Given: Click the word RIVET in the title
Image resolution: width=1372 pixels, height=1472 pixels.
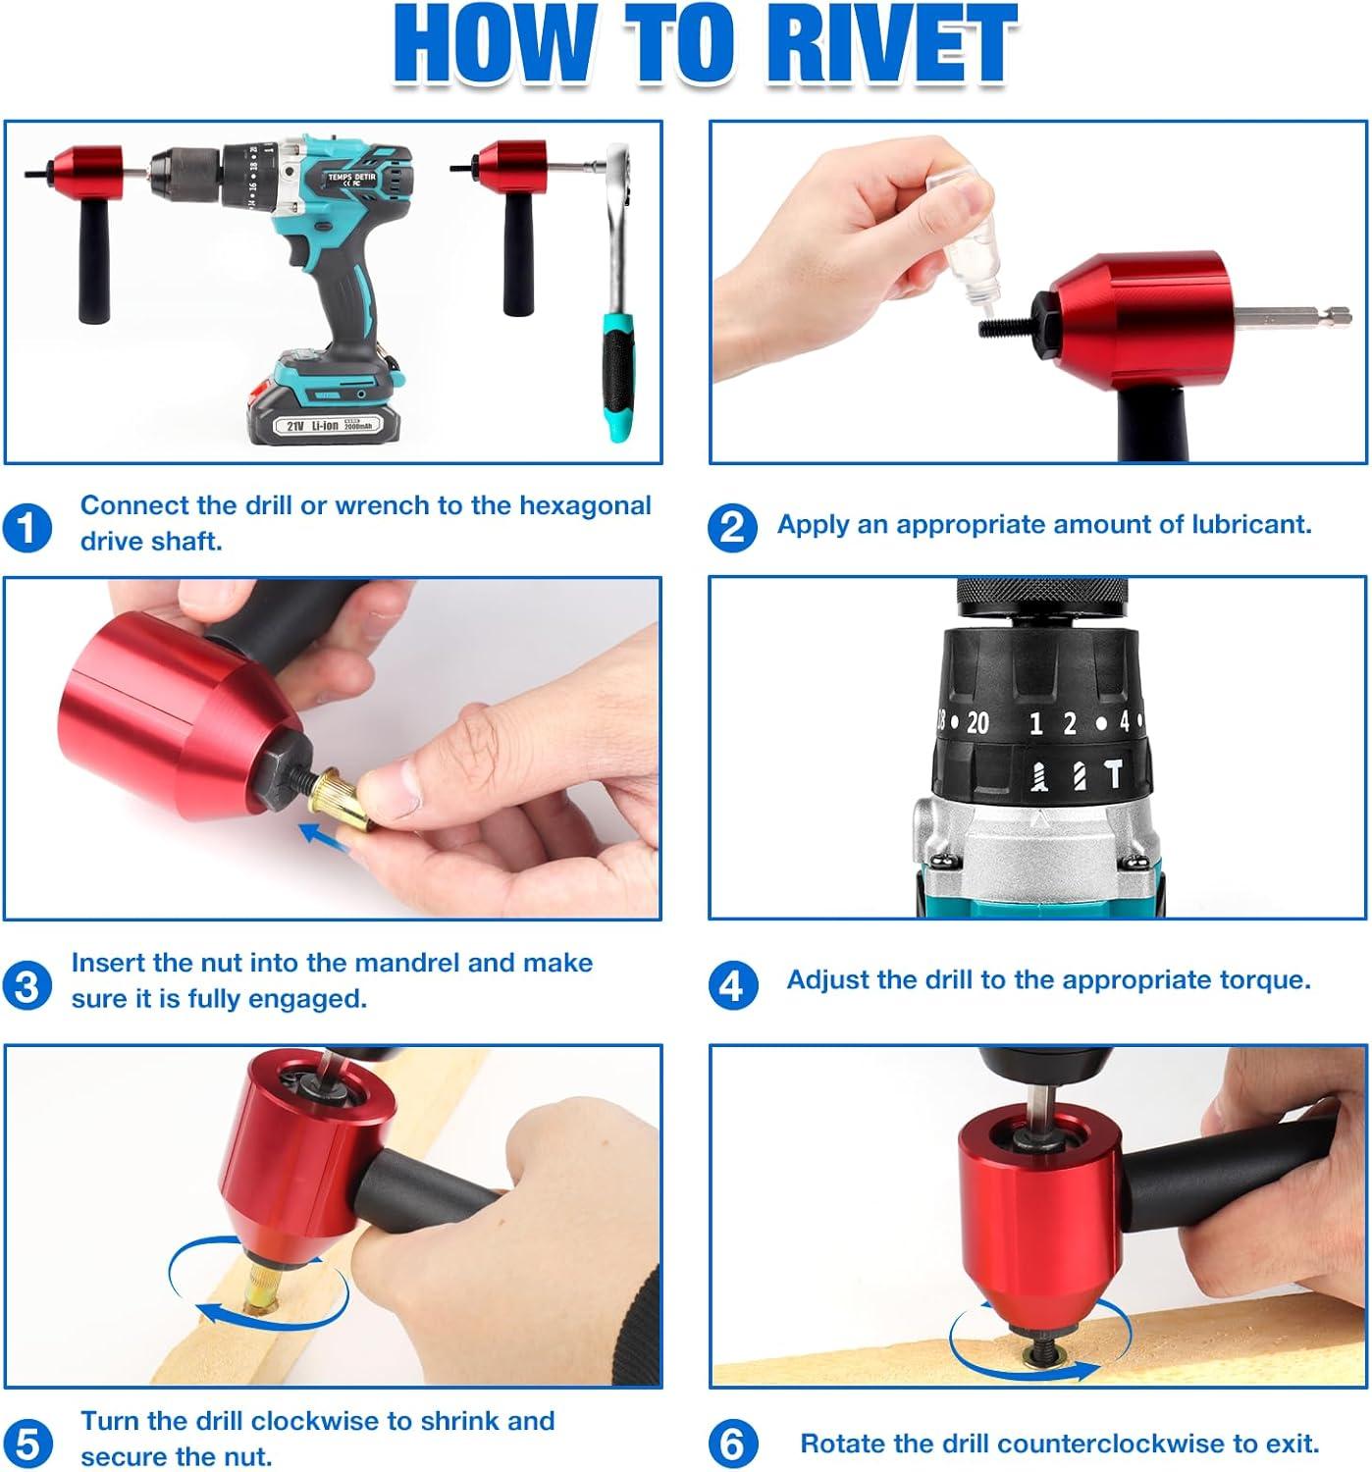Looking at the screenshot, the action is (x=890, y=44).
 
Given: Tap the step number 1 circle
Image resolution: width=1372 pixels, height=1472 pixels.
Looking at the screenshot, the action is (x=26, y=529).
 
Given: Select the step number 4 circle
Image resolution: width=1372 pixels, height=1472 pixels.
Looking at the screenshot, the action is (x=732, y=986).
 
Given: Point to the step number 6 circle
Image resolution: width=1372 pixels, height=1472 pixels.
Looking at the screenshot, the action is (x=732, y=1443).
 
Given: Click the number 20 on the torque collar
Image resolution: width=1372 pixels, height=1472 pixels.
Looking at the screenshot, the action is (x=976, y=722).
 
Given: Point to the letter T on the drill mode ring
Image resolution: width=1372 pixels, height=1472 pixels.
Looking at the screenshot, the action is (x=1113, y=773).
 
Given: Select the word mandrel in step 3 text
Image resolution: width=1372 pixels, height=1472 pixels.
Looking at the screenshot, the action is (x=384, y=963).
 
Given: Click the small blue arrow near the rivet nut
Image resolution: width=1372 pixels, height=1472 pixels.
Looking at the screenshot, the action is (x=325, y=837).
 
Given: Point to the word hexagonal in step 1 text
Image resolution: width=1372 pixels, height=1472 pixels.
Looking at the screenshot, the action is (x=584, y=506).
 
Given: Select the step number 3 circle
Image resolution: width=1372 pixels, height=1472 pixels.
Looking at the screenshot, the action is (x=26, y=986).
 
